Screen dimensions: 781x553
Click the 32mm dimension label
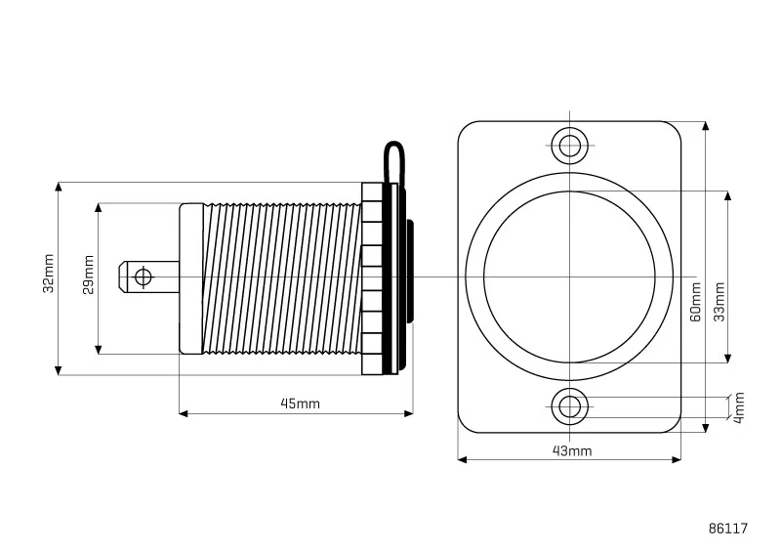[48, 274]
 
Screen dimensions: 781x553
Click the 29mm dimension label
[89, 275]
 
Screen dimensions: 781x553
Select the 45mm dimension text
[301, 404]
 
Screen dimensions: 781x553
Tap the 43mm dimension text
[572, 450]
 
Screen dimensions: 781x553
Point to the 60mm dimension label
[696, 302]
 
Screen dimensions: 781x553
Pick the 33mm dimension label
[719, 302]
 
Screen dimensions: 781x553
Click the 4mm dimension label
[739, 407]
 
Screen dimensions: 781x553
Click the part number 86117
[728, 529]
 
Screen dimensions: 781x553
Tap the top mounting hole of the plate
[570, 146]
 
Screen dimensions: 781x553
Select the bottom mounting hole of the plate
[570, 406]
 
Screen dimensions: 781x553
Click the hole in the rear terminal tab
[143, 276]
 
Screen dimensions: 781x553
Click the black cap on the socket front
[410, 273]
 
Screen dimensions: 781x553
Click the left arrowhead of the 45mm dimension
[184, 413]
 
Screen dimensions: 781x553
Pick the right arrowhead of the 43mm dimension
[676, 459]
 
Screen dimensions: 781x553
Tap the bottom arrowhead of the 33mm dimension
[727, 358]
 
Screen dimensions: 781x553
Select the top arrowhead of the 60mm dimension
[705, 126]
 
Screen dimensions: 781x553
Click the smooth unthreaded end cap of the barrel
[191, 278]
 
